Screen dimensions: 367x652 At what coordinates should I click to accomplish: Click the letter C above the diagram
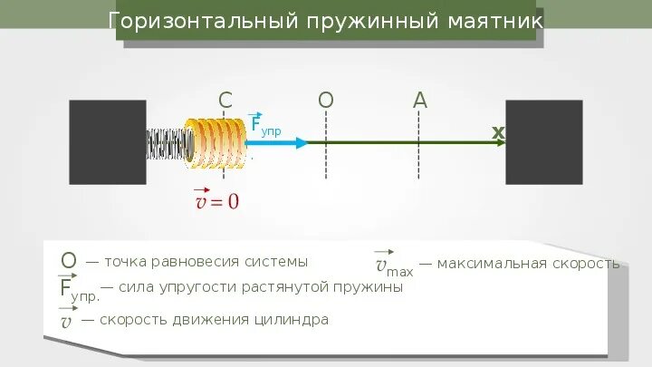226,101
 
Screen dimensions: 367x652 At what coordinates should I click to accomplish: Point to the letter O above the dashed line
326,101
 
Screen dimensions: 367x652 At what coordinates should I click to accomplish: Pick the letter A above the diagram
419,101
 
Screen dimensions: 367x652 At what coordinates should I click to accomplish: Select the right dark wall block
543,142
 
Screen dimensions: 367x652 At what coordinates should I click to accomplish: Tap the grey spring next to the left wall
168,143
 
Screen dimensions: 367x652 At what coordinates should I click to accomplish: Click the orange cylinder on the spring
216,142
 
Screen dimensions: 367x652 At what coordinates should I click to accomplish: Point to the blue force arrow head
301,142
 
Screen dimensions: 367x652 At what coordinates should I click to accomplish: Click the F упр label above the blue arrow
264,126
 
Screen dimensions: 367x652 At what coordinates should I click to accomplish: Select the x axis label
497,133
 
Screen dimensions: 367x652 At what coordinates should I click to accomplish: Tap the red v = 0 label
217,199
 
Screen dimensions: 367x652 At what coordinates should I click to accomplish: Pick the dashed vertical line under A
419,163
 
